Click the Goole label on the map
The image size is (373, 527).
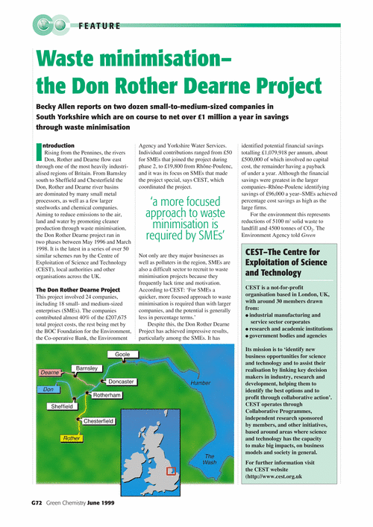pos(122,355)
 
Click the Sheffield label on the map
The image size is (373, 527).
pos(62,407)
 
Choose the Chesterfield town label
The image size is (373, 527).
pos(98,421)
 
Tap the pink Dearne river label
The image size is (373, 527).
pos(49,372)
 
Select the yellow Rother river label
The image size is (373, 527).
pos(72,438)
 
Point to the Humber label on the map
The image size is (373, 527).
pos(201,382)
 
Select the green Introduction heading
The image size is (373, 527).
pos(60,146)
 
